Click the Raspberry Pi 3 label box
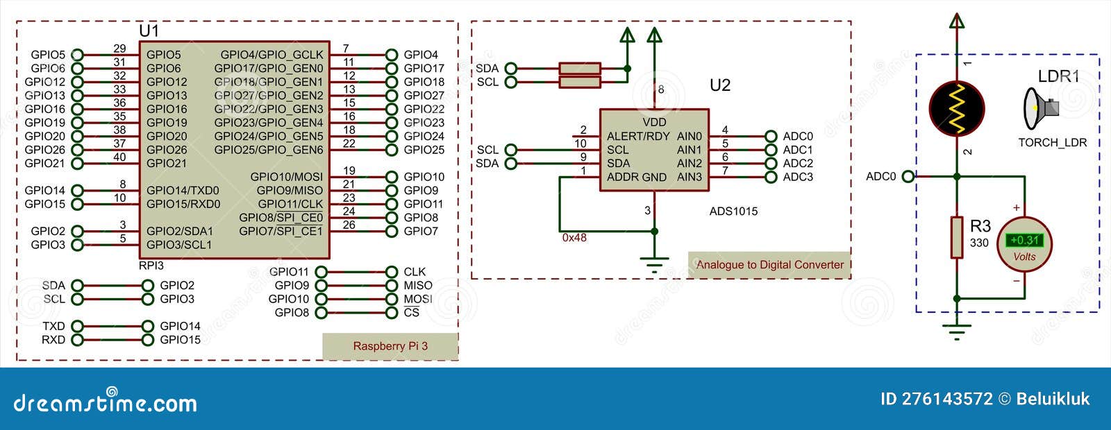[390, 346]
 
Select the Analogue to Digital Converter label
[769, 264]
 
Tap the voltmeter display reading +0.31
[1024, 240]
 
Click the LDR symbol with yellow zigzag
[957, 108]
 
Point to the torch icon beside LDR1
[1040, 108]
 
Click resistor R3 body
[957, 237]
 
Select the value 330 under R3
[979, 243]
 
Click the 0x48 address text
[574, 238]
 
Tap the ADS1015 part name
[733, 211]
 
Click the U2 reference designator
[720, 85]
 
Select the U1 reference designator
[149, 31]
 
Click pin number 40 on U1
[119, 157]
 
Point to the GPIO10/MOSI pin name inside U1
[287, 177]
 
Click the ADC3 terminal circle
[770, 177]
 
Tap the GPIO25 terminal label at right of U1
[424, 150]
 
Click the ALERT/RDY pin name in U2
[638, 136]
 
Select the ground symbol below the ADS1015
[653, 264]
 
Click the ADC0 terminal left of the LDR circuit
[908, 177]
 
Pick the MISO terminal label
[418, 285]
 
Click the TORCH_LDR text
[1052, 143]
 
